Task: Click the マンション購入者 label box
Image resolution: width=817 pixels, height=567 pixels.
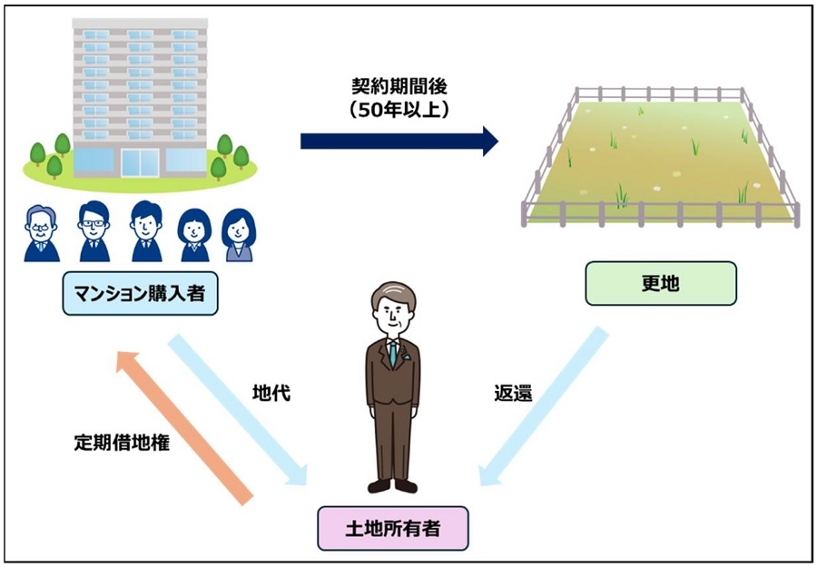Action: point(140,294)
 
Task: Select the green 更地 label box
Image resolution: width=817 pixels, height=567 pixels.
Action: point(661,283)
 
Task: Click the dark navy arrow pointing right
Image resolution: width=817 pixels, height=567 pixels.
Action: point(399,142)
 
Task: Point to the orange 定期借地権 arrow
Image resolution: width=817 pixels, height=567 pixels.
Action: point(184,427)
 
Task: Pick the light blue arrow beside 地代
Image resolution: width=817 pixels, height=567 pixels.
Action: point(238,410)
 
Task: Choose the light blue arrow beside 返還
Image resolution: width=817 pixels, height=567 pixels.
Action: point(544,406)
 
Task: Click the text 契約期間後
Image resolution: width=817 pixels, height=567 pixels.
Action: point(399,86)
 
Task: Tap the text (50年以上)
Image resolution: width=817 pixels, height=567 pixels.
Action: point(399,110)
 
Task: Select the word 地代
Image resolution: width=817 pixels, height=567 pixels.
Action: point(271,393)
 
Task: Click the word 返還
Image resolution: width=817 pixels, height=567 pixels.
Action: point(513,393)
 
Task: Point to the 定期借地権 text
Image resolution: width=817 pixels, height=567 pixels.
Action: point(122,443)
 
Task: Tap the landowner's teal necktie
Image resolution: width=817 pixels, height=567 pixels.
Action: point(393,354)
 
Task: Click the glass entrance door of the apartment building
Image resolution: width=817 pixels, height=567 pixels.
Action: point(140,163)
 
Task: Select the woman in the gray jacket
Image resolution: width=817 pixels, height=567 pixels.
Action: point(239,235)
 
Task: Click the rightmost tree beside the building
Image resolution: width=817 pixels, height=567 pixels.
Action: point(241,157)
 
